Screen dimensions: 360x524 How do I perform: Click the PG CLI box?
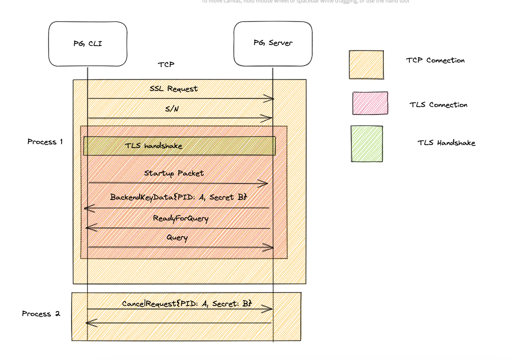point(88,43)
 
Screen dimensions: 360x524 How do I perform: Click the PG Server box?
point(273,43)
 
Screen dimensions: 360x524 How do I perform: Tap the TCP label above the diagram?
point(166,65)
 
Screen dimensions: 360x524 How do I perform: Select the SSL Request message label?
point(173,89)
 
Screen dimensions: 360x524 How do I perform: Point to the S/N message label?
point(171,108)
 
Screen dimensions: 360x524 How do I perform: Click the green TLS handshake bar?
point(179,146)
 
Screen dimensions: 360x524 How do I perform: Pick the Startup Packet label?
point(174,173)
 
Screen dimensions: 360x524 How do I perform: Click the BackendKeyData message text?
point(179,197)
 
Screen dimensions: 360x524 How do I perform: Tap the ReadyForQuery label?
point(181,218)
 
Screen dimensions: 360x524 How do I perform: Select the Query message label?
point(177,237)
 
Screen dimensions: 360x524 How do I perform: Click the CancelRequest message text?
point(186,303)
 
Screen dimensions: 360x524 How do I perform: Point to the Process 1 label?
point(45,142)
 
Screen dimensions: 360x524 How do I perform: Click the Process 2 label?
point(41,314)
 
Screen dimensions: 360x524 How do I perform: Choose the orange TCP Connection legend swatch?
point(366,64)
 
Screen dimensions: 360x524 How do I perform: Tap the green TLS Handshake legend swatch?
point(367,143)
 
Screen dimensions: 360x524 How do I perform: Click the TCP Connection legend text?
point(435,60)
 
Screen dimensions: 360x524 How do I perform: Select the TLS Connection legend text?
point(438,105)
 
